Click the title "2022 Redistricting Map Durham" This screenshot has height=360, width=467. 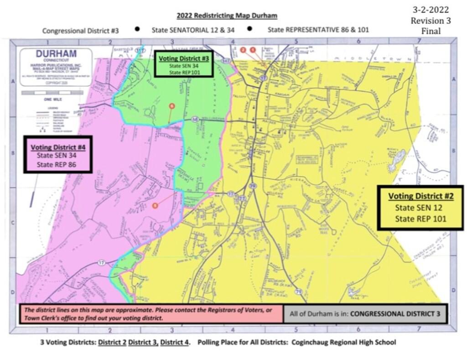(x=227, y=16)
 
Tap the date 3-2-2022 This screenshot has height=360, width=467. (x=431, y=10)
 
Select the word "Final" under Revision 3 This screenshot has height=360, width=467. (x=431, y=31)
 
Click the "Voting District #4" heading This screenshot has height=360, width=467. (x=58, y=147)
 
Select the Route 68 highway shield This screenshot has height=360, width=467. (x=195, y=120)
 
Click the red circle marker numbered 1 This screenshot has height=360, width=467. (x=253, y=49)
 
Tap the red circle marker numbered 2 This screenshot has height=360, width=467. (x=243, y=49)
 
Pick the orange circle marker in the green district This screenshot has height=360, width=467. (x=171, y=106)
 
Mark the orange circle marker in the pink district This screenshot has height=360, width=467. (x=156, y=205)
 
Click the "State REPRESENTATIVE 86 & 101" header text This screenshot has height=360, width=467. (x=318, y=30)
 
